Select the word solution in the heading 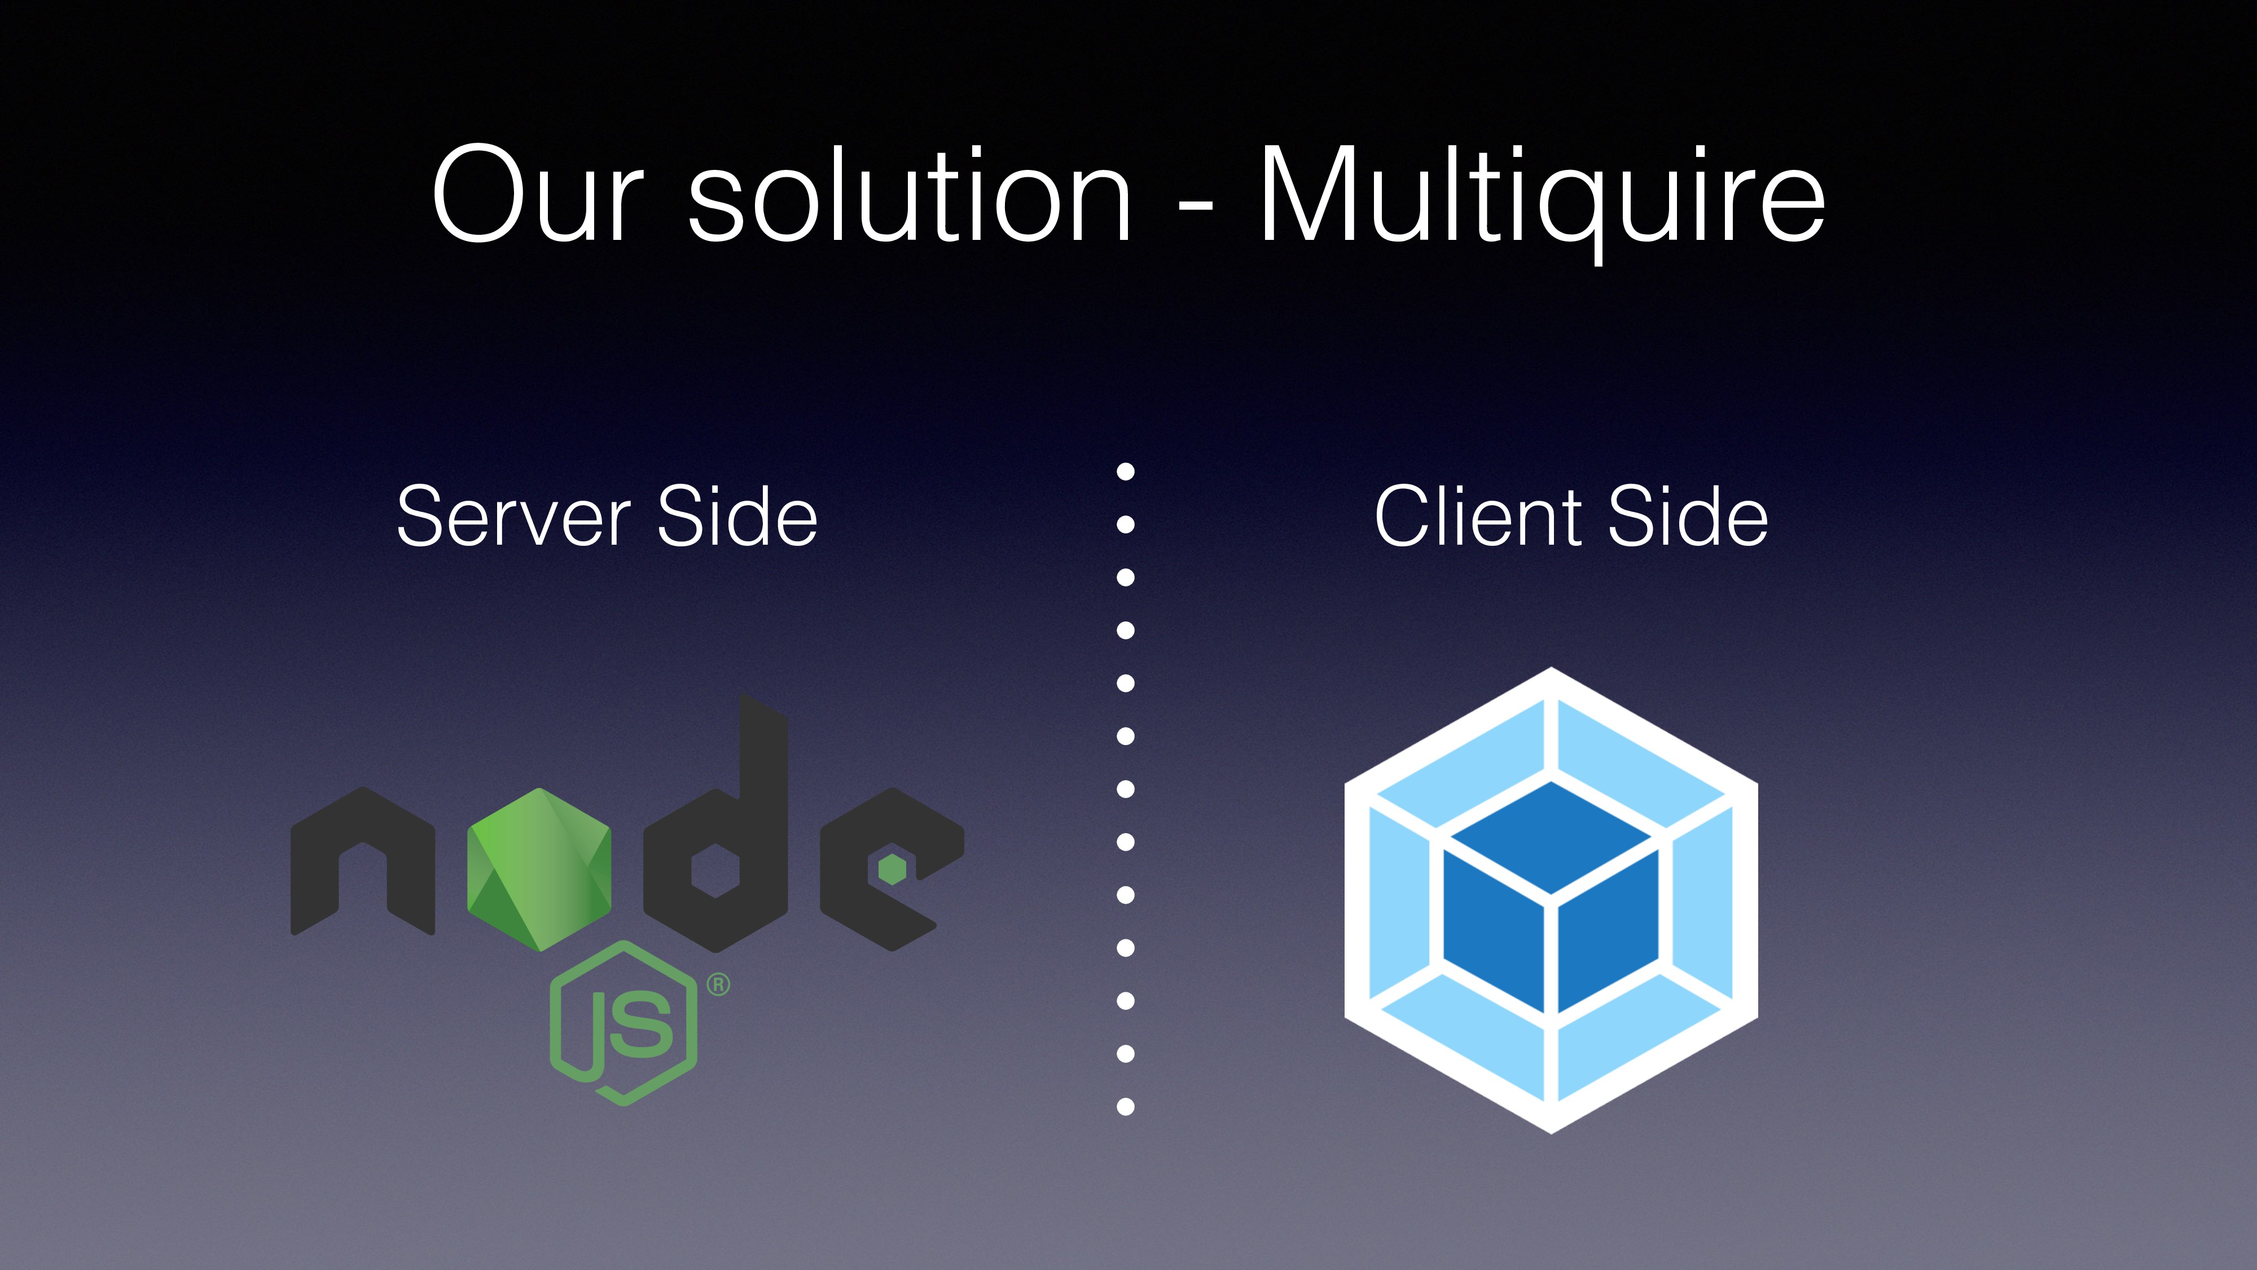910,195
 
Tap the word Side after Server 737,517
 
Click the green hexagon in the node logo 539,869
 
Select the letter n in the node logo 362,864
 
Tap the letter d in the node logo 717,842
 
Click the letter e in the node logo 889,868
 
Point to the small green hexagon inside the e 892,869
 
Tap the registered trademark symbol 718,984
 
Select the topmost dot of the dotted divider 1126,471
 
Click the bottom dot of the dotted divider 1126,1107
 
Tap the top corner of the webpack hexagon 1551,671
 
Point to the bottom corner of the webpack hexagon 1551,1131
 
